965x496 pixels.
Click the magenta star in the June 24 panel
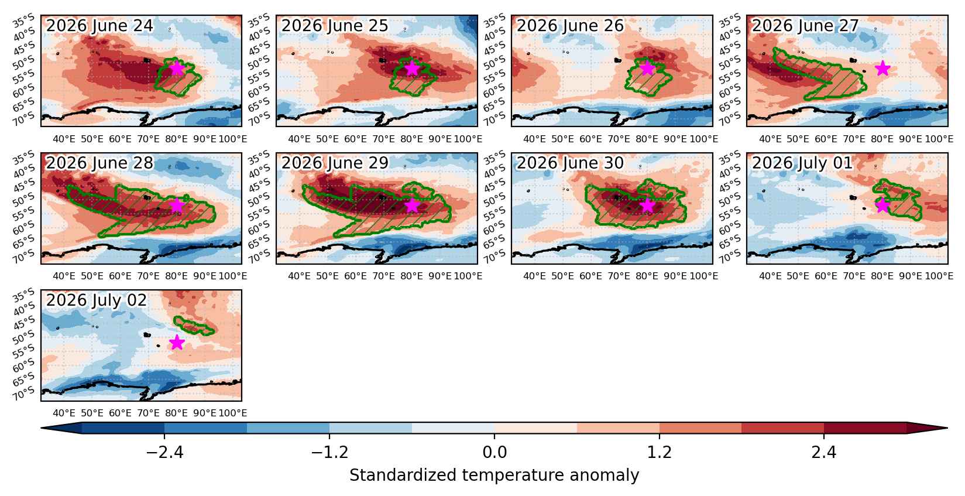tap(177, 68)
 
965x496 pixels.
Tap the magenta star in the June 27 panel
tap(882, 68)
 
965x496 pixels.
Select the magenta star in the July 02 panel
tap(177, 343)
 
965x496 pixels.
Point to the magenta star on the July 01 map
tap(882, 205)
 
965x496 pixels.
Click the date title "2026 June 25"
tap(335, 26)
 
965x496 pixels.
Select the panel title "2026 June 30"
tap(570, 163)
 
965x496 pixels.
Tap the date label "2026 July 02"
tap(97, 300)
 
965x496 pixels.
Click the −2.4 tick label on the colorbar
tap(164, 453)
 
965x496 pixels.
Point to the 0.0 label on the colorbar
tap(494, 453)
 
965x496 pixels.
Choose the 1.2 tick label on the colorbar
tap(660, 453)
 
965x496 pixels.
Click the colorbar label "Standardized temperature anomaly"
tap(494, 476)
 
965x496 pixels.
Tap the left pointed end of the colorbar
tap(42, 428)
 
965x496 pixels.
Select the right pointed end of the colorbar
tap(947, 428)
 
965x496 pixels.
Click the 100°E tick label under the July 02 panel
tap(233, 413)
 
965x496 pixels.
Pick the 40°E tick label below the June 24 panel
tap(64, 139)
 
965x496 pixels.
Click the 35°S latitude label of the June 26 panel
tap(494, 20)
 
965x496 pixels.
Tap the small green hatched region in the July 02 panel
tap(194, 326)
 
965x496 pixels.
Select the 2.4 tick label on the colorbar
tap(824, 453)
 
